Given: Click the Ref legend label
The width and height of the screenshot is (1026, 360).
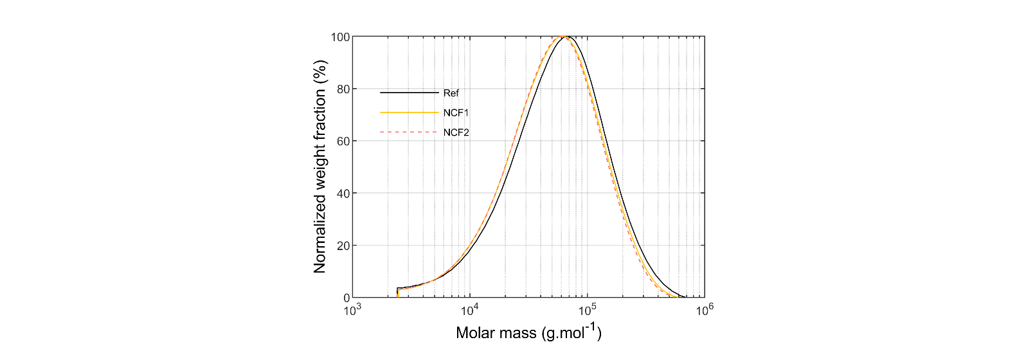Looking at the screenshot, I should pyautogui.click(x=451, y=93).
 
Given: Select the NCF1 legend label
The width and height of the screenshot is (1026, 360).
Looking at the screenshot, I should pyautogui.click(x=456, y=113).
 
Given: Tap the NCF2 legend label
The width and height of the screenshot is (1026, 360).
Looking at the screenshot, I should pyautogui.click(x=456, y=133).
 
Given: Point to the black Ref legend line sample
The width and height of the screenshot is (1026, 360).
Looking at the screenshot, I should pyautogui.click(x=409, y=93).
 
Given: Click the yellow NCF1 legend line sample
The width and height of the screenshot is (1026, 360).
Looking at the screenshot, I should pyautogui.click(x=409, y=113).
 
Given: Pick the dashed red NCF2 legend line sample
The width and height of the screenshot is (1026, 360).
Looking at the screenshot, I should pyautogui.click(x=409, y=132).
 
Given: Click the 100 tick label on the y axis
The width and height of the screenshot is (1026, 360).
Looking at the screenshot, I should pyautogui.click(x=340, y=37).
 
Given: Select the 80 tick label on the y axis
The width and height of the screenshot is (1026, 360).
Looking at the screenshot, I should pyautogui.click(x=343, y=89).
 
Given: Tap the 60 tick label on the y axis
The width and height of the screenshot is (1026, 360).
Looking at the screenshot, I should pyautogui.click(x=343, y=141).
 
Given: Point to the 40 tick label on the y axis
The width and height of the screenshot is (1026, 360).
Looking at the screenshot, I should pyautogui.click(x=343, y=194).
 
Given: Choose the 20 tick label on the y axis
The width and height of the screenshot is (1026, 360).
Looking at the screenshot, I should pyautogui.click(x=343, y=246).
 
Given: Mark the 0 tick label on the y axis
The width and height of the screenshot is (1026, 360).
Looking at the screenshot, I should pyautogui.click(x=346, y=298).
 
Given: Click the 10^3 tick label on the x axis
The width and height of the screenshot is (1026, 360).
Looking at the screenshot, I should pyautogui.click(x=352, y=310).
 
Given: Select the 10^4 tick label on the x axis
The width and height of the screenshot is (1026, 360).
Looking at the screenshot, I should pyautogui.click(x=470, y=310).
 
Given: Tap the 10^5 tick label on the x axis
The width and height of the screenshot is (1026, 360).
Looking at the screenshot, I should pyautogui.click(x=587, y=310).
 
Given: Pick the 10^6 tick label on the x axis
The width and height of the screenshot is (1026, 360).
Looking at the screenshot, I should pyautogui.click(x=705, y=310).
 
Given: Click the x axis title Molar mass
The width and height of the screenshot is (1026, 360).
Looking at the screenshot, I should pyautogui.click(x=528, y=332).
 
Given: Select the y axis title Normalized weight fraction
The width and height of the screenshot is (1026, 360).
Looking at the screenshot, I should pyautogui.click(x=320, y=166).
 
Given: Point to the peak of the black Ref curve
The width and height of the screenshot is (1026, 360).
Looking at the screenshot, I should pyautogui.click(x=566, y=37).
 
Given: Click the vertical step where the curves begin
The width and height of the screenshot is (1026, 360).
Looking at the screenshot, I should pyautogui.click(x=398, y=292).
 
